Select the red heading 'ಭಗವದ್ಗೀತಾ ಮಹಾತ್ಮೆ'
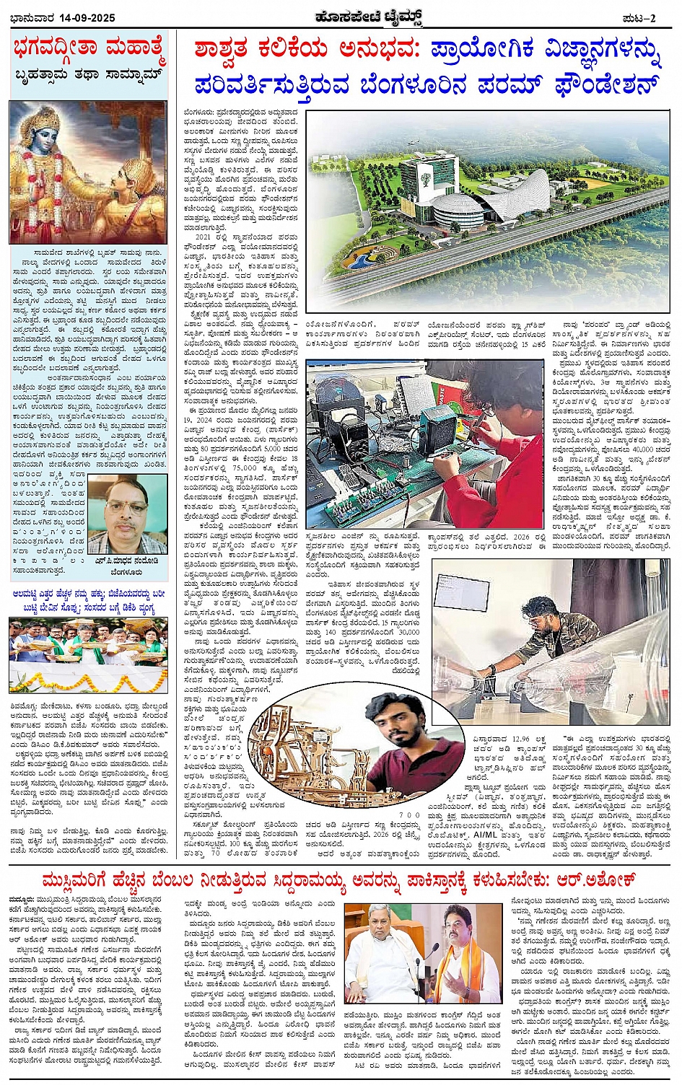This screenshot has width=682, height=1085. [x=89, y=50]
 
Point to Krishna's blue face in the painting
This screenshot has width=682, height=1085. [x=48, y=136]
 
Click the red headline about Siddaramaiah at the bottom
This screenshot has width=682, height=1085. [x=339, y=880]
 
